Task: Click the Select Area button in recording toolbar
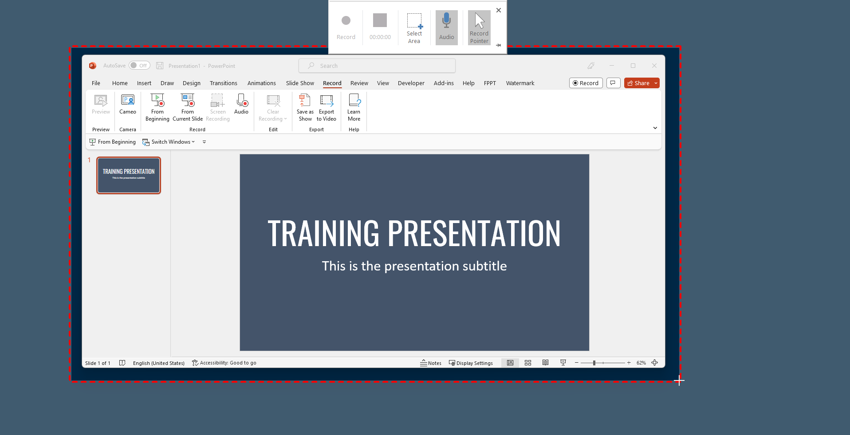[x=414, y=28]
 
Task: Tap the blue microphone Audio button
[x=446, y=27]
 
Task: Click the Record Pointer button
[x=479, y=27]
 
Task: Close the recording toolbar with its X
[x=499, y=10]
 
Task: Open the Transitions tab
[x=223, y=83]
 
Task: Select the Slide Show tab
[x=300, y=83]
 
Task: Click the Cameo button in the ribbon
[x=128, y=105]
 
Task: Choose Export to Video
[x=327, y=108]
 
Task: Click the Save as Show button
[x=305, y=108]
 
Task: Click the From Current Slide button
[x=188, y=108]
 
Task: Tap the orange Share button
[x=638, y=83]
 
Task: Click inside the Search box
[x=377, y=66]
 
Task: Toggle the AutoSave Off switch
[x=139, y=66]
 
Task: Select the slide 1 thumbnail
[x=129, y=175]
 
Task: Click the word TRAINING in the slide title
[x=323, y=233]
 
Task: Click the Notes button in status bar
[x=431, y=363]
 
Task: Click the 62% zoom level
[x=641, y=363]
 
